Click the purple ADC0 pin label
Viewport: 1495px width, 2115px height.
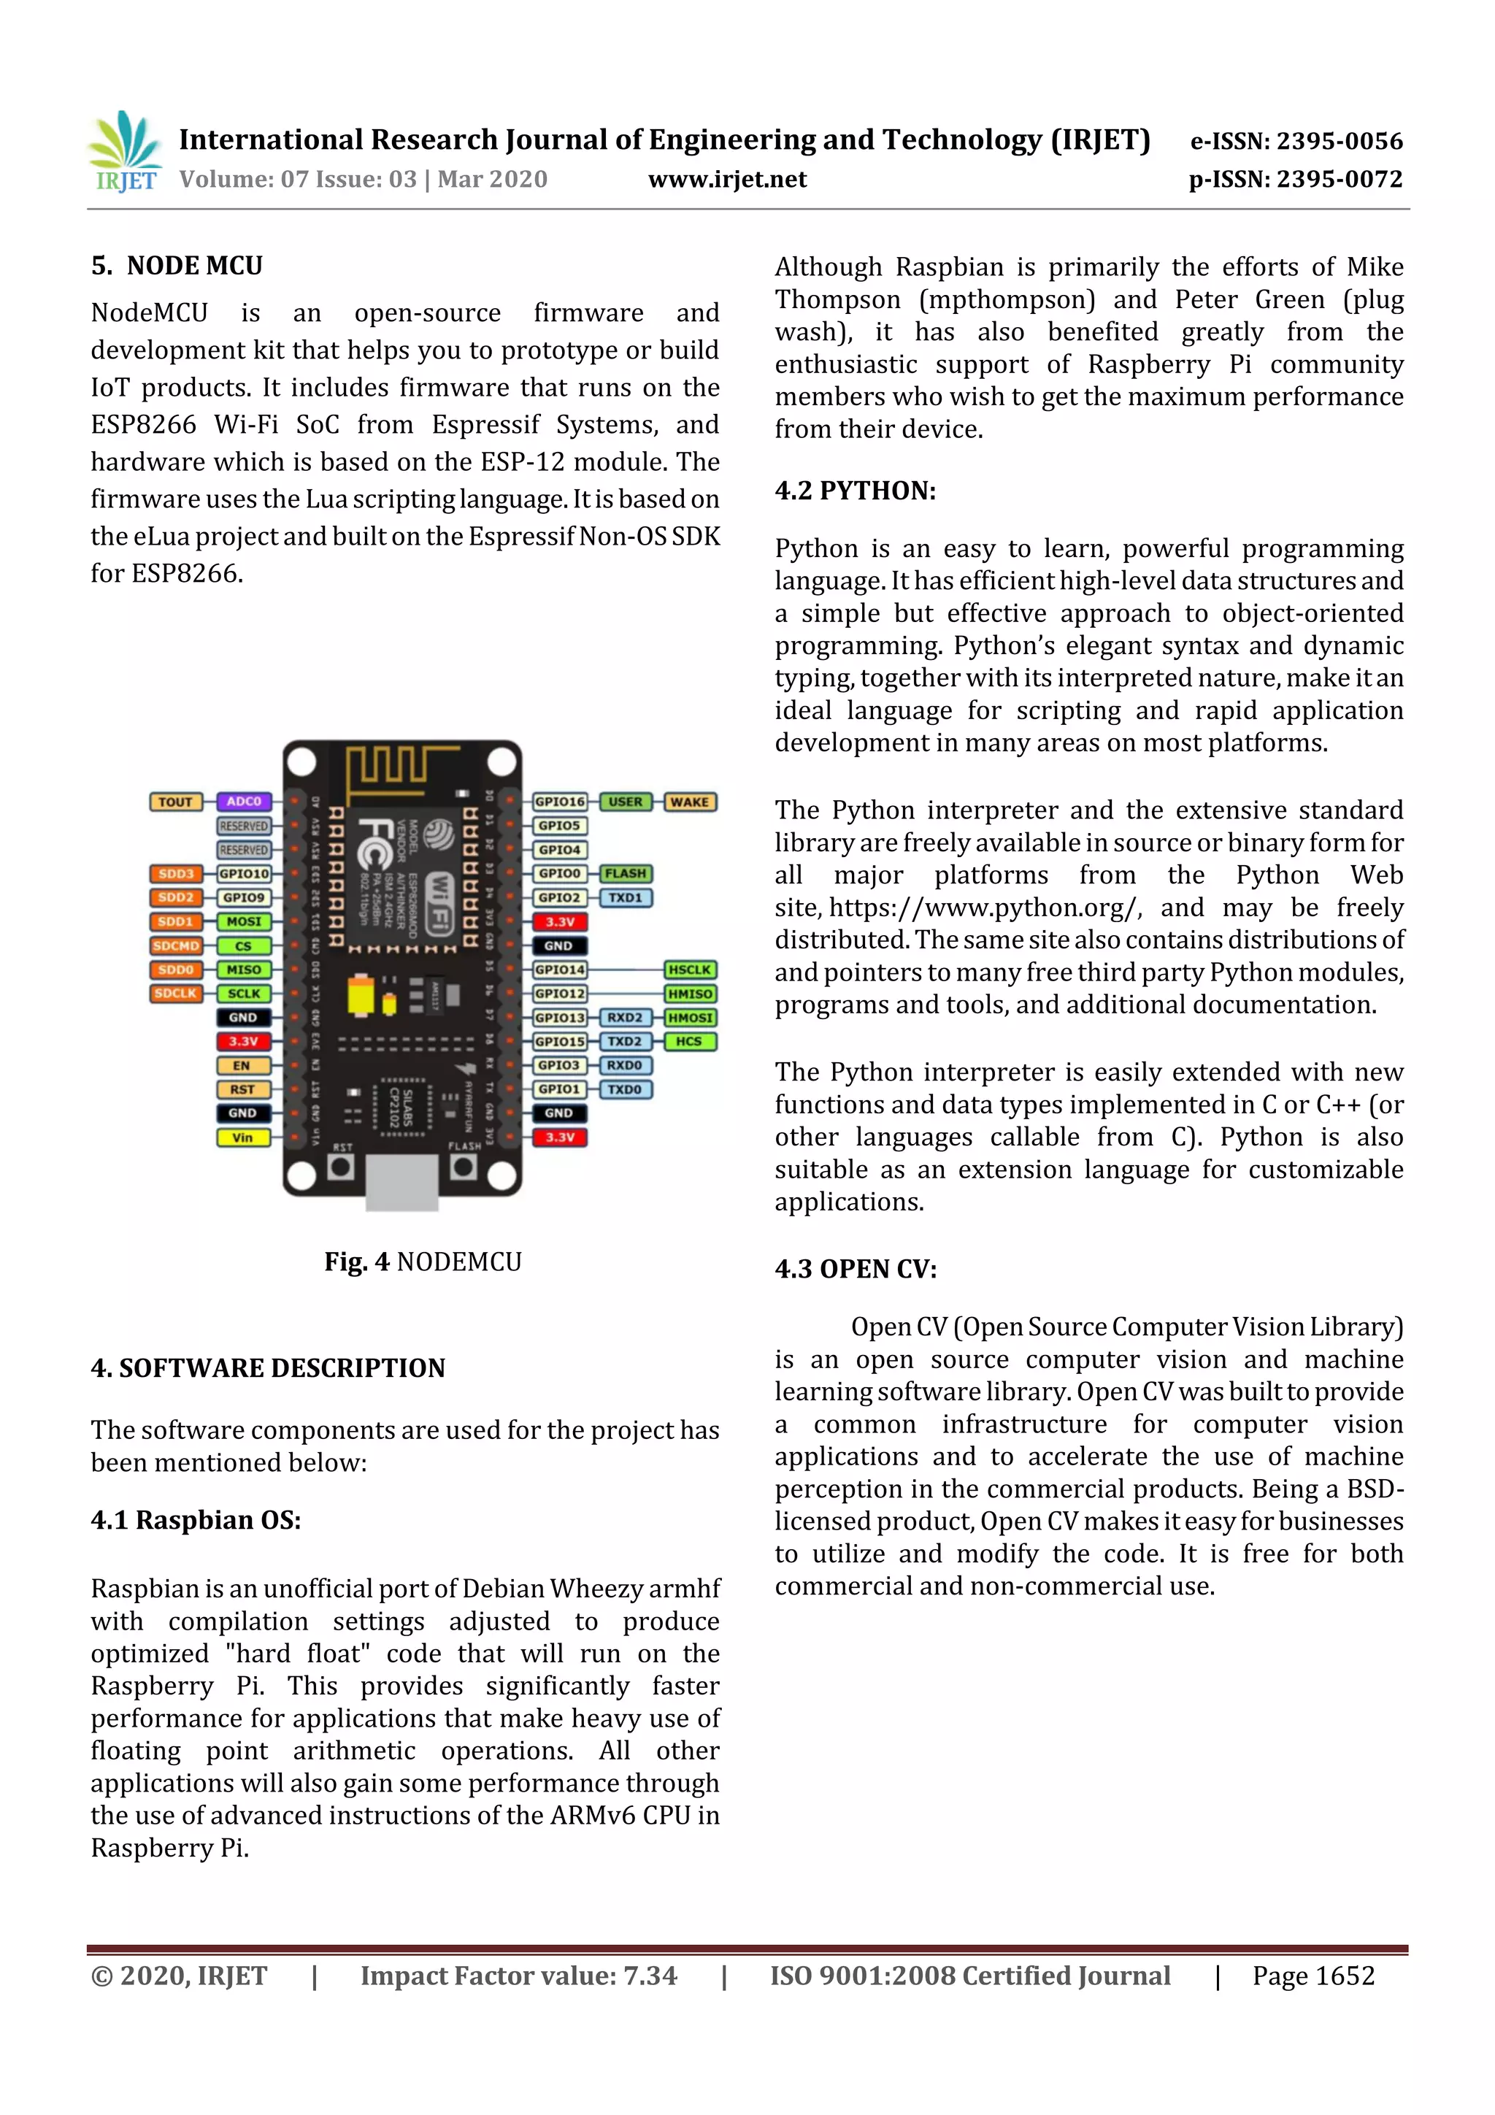point(243,802)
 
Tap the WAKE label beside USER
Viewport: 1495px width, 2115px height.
point(689,802)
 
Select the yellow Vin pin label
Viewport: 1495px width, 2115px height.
point(243,1137)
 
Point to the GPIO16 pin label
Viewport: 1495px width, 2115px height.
point(559,802)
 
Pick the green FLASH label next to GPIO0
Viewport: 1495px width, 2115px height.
point(626,873)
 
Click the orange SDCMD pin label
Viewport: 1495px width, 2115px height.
point(176,946)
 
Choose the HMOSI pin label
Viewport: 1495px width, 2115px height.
point(690,1018)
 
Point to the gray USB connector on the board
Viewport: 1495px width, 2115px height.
point(401,1183)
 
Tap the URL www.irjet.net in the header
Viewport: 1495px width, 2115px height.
point(727,180)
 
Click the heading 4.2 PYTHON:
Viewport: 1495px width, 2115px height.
point(855,491)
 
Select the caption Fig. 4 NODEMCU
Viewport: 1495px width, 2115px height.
point(422,1262)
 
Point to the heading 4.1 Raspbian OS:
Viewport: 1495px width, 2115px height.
point(196,1520)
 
